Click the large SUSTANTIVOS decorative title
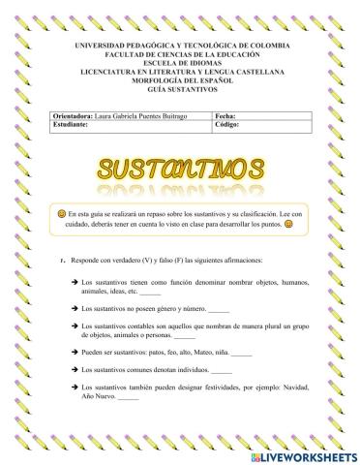coord(179,170)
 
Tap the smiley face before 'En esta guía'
coord(60,211)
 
